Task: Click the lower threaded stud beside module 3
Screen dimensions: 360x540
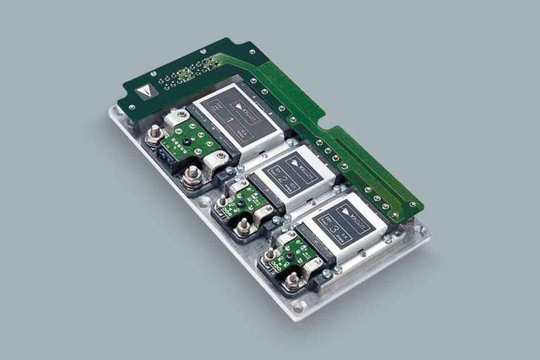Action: [x=293, y=280]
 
